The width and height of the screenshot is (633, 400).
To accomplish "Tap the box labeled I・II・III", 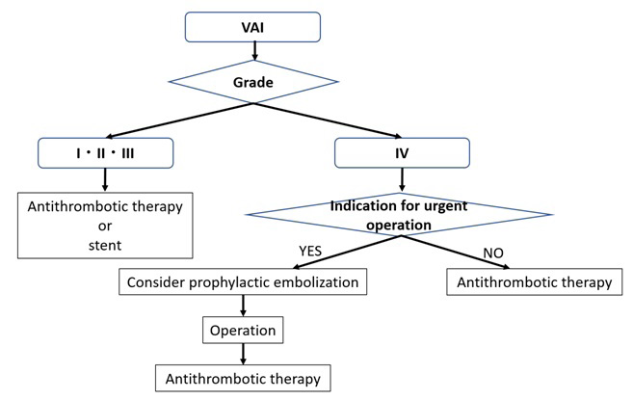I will click(105, 152).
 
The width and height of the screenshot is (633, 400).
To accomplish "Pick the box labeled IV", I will click(402, 152).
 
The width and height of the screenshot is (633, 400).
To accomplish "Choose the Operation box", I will click(243, 331).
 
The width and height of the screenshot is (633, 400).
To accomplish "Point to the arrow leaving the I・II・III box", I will click(104, 179).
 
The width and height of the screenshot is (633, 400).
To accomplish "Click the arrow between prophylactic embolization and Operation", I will click(243, 307).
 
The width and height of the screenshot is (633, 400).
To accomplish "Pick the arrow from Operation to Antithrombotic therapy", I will click(243, 352).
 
